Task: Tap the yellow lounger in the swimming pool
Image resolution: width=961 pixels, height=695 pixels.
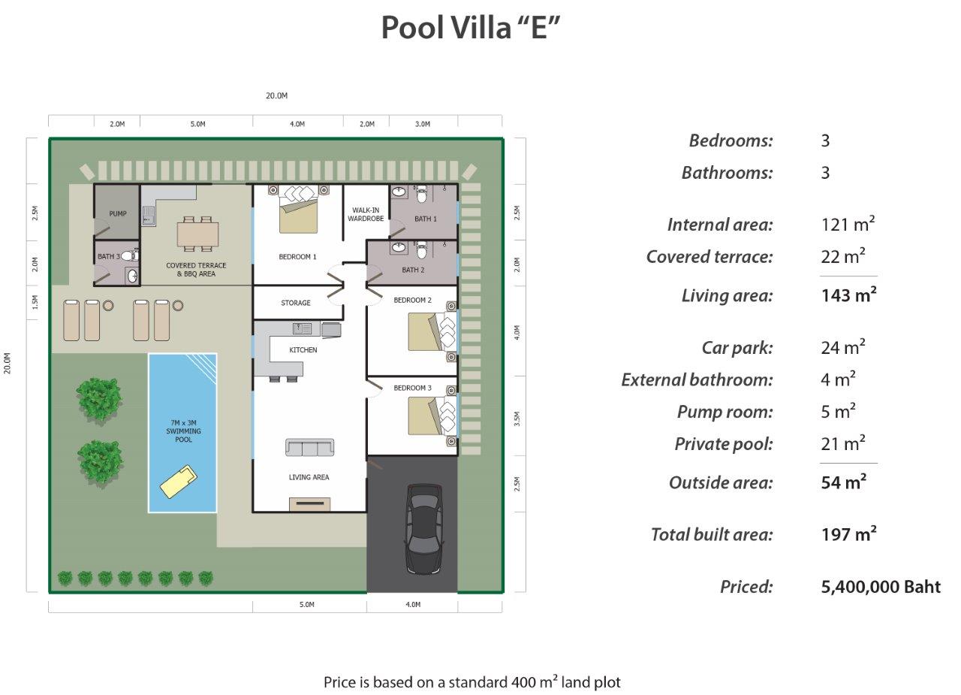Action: click(179, 482)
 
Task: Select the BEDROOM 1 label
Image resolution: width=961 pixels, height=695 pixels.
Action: click(297, 257)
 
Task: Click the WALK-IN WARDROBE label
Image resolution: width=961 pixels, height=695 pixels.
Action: click(366, 214)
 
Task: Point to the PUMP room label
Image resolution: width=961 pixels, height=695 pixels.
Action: click(118, 214)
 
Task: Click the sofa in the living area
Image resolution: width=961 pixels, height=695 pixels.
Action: click(309, 448)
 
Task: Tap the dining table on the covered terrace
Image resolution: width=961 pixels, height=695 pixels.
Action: click(198, 234)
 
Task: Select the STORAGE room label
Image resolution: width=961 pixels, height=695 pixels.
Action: click(296, 303)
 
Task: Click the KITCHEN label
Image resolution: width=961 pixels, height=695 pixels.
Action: click(303, 350)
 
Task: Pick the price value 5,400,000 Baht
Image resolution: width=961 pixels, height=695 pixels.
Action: click(881, 587)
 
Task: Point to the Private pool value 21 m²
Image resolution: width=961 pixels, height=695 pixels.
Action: click(842, 443)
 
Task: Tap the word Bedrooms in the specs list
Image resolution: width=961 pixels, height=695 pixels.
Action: click(731, 141)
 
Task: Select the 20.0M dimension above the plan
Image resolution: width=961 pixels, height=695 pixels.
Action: click(276, 96)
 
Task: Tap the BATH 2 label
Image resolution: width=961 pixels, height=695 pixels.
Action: click(413, 270)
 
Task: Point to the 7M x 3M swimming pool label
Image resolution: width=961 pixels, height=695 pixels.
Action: click(183, 431)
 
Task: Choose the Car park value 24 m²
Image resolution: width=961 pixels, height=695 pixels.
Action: click(842, 347)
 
